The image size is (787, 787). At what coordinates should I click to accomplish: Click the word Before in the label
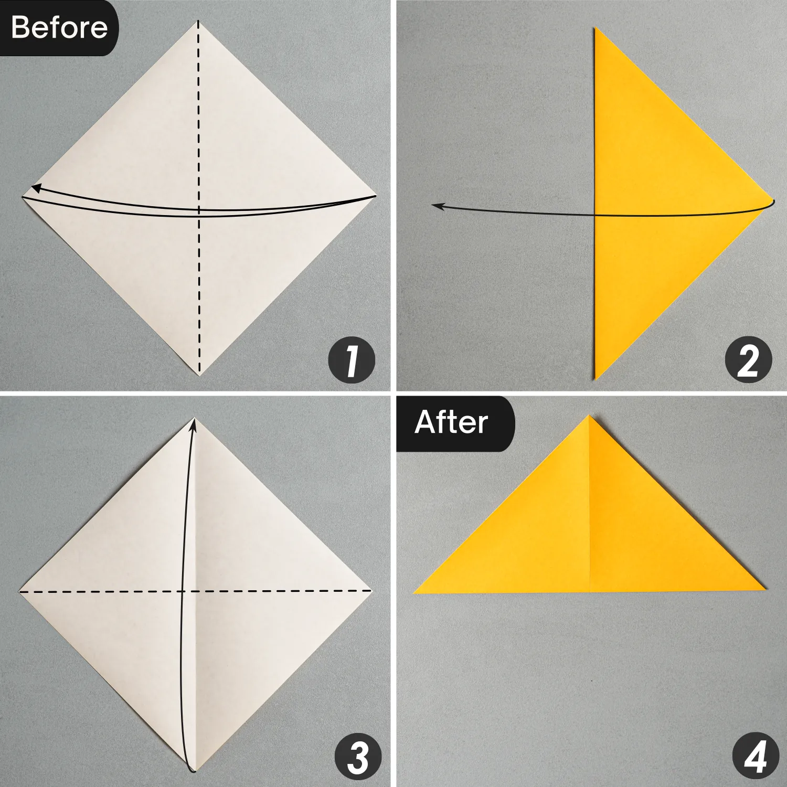[59, 27]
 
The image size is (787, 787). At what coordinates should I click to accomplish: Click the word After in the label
[451, 422]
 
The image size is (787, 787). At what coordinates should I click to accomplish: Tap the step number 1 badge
[352, 360]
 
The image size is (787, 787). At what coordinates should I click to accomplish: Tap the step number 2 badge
[748, 360]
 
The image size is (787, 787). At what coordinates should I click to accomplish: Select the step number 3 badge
[358, 757]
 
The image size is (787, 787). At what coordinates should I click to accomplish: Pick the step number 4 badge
[756, 757]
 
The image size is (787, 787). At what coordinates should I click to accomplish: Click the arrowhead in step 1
[36, 187]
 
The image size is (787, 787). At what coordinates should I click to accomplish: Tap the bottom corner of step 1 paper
[199, 376]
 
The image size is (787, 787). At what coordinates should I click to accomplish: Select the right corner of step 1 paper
[376, 196]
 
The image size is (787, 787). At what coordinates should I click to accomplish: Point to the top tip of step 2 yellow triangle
[595, 28]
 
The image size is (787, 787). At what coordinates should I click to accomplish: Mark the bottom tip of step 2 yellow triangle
[595, 379]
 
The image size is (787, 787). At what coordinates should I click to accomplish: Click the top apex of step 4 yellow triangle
[589, 416]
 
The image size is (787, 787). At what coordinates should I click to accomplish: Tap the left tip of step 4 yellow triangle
[414, 593]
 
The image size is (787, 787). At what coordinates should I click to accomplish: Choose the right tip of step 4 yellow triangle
[765, 590]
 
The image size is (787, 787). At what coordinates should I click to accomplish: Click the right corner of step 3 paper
[372, 591]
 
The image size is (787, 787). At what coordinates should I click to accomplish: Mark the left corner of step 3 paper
[19, 591]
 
